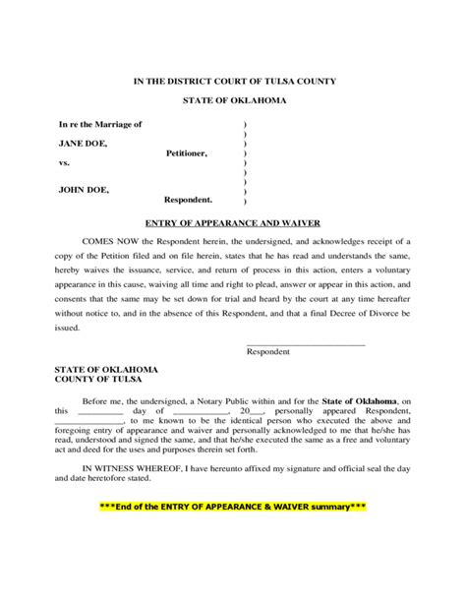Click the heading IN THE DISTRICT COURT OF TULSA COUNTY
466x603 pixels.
233,81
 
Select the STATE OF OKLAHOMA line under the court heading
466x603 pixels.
233,102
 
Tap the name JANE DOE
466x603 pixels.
84,144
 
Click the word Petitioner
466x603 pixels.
188,153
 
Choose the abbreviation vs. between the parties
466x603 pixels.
65,163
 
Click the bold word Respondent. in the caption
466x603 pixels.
188,199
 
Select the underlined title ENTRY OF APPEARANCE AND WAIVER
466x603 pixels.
233,223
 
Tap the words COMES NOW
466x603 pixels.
109,241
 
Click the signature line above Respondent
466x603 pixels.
305,343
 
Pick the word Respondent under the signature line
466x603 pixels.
268,351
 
